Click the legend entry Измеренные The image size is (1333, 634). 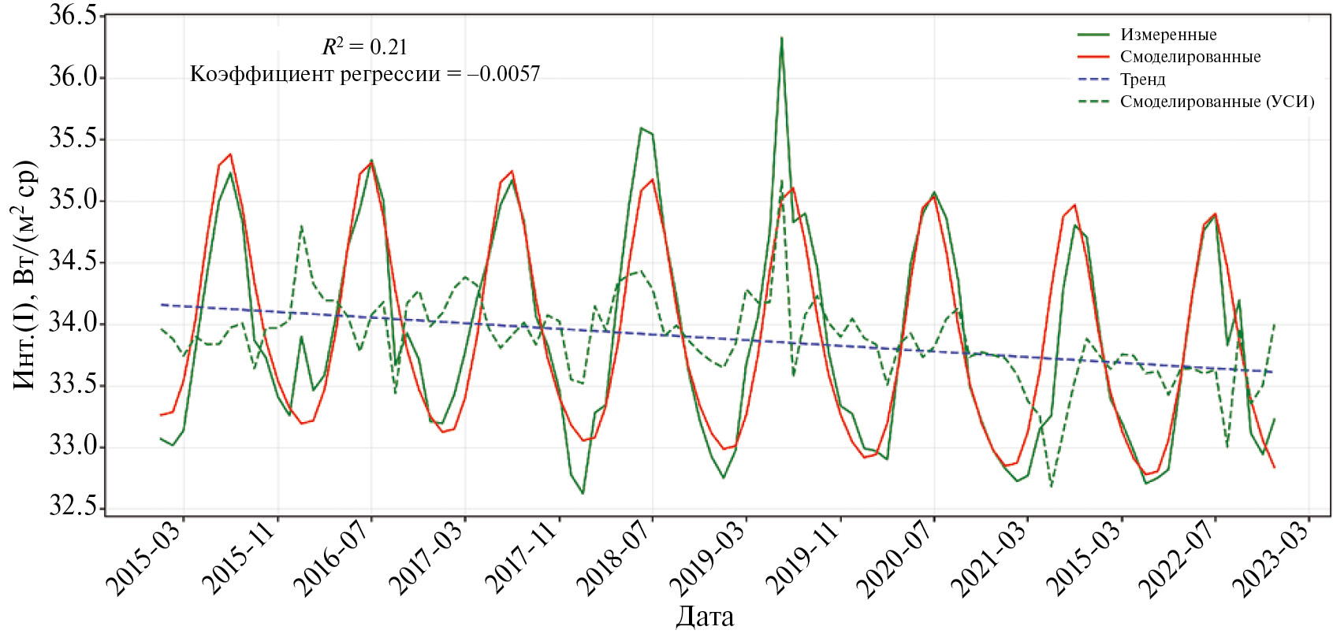[1167, 35]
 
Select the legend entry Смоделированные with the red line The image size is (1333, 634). [1190, 57]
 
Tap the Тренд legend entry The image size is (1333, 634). [1142, 80]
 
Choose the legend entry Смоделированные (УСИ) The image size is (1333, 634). [1216, 102]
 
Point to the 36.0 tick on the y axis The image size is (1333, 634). [73, 77]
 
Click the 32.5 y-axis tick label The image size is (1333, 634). [73, 506]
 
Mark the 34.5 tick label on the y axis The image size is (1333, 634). [73, 261]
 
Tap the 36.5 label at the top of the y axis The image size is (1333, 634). [73, 16]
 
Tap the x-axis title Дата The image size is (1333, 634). [705, 617]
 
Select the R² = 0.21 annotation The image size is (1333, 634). [365, 47]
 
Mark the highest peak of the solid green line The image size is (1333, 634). [781, 38]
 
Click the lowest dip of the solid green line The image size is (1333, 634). [583, 493]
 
